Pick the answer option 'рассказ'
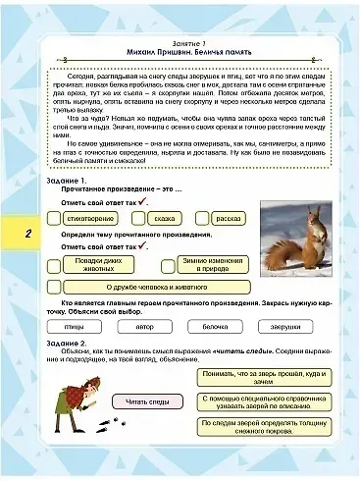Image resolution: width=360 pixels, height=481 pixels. [229, 217]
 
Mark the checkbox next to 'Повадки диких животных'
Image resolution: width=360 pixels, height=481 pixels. [53, 264]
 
